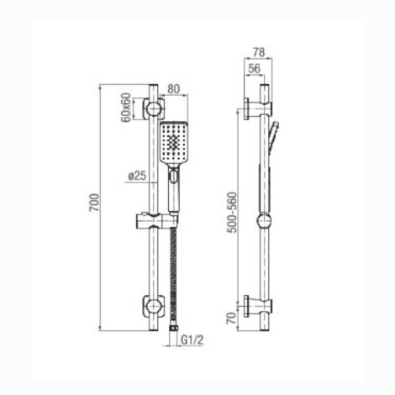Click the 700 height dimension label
(x=94, y=203)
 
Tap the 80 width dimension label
(x=173, y=89)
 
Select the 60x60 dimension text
(x=126, y=107)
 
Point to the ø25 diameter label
(x=137, y=176)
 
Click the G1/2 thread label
(x=192, y=340)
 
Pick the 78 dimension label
(x=259, y=52)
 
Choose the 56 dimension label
(x=254, y=69)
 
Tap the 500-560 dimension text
(x=232, y=213)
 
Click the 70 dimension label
(x=231, y=319)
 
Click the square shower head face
(x=174, y=144)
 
